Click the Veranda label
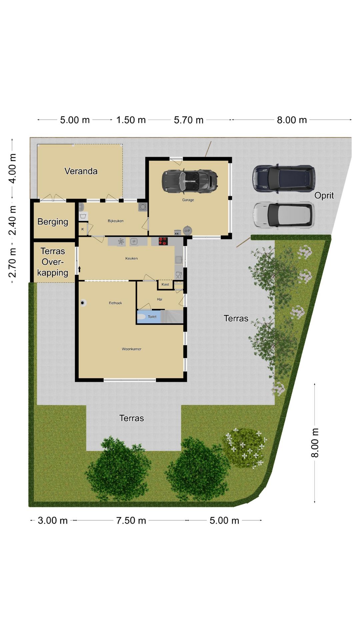tap(81, 171)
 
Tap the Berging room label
tap(53, 222)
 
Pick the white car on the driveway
tap(283, 215)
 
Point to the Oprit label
tap(324, 195)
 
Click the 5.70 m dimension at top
tap(189, 120)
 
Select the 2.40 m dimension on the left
tap(12, 220)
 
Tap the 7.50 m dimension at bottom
tap(131, 520)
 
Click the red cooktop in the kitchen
tap(163, 241)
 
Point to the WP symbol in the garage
tap(187, 231)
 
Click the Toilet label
tap(152, 317)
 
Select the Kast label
tap(165, 284)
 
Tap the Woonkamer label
tap(131, 349)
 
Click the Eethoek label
tap(115, 303)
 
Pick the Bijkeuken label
tap(116, 221)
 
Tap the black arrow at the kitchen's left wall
tap(79, 269)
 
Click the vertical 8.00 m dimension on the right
tap(315, 443)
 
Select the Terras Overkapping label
tap(53, 262)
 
